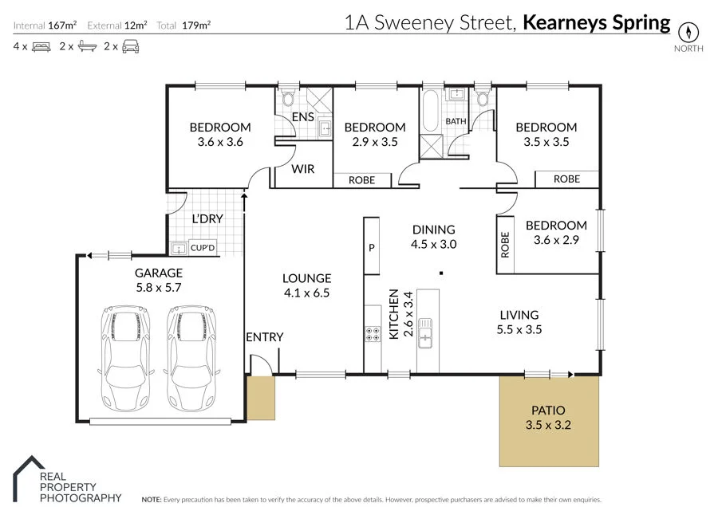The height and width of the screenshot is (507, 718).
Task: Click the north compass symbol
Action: pos(688,33)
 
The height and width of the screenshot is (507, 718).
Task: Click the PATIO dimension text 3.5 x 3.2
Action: pos(548,426)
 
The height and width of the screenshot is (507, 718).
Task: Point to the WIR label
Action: pos(302,169)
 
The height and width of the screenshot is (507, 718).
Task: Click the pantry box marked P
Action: pos(372,247)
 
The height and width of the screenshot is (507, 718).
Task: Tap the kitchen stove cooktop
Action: pos(372,335)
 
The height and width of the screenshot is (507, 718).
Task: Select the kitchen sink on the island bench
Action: pos(426,333)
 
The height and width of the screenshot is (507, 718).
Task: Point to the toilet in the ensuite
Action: pos(289,99)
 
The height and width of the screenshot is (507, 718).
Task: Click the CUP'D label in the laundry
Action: pos(203,249)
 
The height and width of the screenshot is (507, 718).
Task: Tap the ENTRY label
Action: pos(264,337)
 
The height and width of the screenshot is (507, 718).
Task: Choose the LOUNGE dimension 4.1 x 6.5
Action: pos(306,293)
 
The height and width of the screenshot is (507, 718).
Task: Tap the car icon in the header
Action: pos(132,47)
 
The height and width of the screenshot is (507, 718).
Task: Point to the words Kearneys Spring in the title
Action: pos(597,22)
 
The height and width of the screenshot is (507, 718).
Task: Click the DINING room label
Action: pos(433,230)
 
